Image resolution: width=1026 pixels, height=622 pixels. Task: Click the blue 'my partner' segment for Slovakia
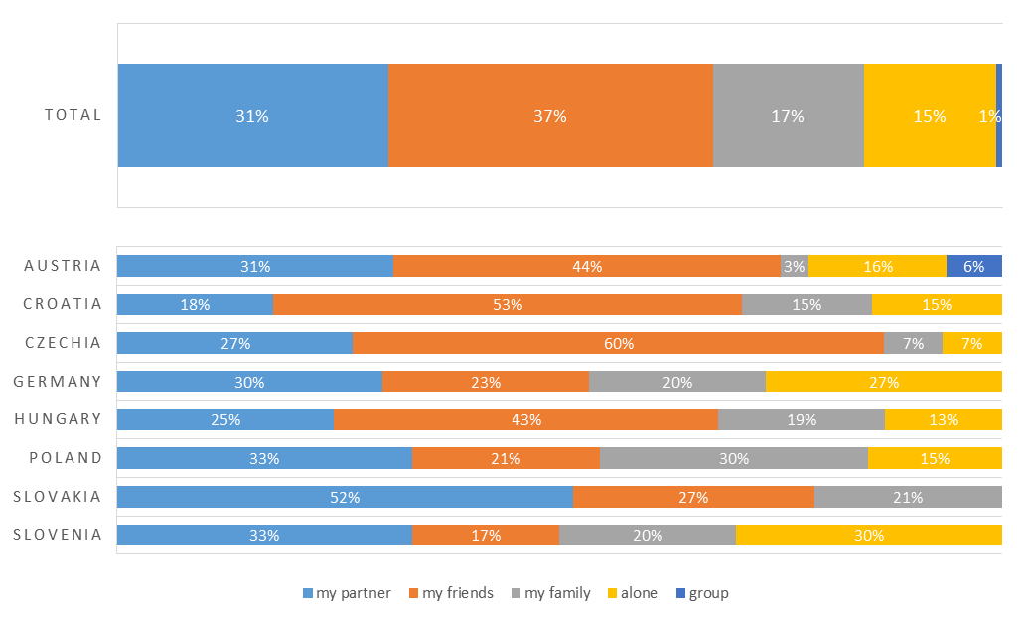click(x=345, y=497)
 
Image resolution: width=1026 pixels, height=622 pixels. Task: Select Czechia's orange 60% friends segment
click(x=619, y=343)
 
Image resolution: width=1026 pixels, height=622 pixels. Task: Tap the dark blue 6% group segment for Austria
click(x=973, y=266)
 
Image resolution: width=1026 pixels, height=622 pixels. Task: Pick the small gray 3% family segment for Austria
click(x=795, y=266)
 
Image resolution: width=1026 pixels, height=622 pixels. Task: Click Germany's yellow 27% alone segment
click(x=883, y=382)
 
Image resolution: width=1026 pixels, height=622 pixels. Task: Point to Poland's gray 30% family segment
click(x=734, y=458)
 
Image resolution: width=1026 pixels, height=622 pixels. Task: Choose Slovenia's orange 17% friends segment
click(x=486, y=535)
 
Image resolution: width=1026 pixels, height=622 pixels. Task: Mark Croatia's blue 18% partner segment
click(x=195, y=304)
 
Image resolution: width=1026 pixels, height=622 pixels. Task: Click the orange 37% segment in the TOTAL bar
click(x=550, y=115)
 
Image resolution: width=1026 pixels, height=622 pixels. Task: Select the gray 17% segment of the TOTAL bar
click(x=789, y=115)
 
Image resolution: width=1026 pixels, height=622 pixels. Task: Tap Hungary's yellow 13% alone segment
click(x=943, y=419)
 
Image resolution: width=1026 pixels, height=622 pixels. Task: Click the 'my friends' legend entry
click(x=452, y=593)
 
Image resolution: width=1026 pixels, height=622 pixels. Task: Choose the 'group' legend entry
click(x=702, y=593)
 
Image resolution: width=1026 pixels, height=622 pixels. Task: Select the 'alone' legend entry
click(x=633, y=593)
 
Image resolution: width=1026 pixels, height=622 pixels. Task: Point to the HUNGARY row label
click(x=59, y=419)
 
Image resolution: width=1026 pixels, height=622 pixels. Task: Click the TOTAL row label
click(x=73, y=115)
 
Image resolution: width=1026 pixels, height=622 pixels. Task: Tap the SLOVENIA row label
click(x=58, y=535)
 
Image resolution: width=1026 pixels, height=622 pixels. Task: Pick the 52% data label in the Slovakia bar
click(x=345, y=498)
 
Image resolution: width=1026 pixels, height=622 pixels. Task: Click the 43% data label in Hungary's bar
click(x=526, y=420)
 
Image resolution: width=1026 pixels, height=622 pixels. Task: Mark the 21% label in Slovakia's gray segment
click(x=908, y=498)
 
